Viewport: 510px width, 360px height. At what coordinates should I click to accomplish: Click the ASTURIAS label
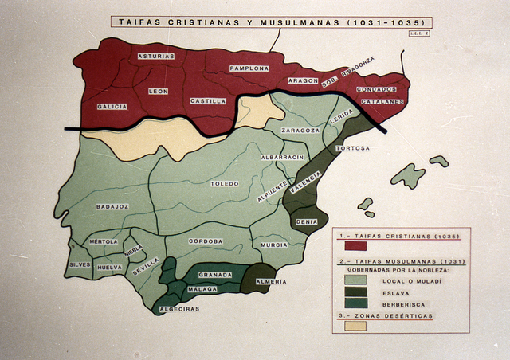pyautogui.click(x=155, y=57)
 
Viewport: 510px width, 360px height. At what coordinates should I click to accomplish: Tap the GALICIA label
pyautogui.click(x=112, y=106)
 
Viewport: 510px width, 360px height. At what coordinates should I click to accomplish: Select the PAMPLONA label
pyautogui.click(x=249, y=68)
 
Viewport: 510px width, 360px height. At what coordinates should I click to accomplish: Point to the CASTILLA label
pyautogui.click(x=208, y=101)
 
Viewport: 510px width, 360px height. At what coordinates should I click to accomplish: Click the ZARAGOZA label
pyautogui.click(x=300, y=130)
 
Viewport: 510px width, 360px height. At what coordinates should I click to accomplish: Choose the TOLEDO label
pyautogui.click(x=225, y=184)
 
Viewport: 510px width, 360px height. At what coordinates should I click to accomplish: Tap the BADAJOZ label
pyautogui.click(x=112, y=206)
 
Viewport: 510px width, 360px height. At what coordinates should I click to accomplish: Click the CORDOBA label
pyautogui.click(x=206, y=241)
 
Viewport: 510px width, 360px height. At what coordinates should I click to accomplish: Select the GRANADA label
pyautogui.click(x=215, y=275)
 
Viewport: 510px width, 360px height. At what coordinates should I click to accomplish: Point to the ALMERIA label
pyautogui.click(x=272, y=282)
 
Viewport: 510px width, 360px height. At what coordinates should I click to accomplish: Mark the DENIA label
pyautogui.click(x=306, y=221)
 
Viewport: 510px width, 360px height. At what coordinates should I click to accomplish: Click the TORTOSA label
pyautogui.click(x=352, y=148)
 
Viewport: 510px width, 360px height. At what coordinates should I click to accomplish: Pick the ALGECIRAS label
pyautogui.click(x=179, y=308)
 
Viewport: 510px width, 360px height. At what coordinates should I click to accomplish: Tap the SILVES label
pyautogui.click(x=80, y=264)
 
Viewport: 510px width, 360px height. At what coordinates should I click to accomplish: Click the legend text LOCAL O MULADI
pyautogui.click(x=412, y=280)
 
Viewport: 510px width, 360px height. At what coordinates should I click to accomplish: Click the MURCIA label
pyautogui.click(x=273, y=245)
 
